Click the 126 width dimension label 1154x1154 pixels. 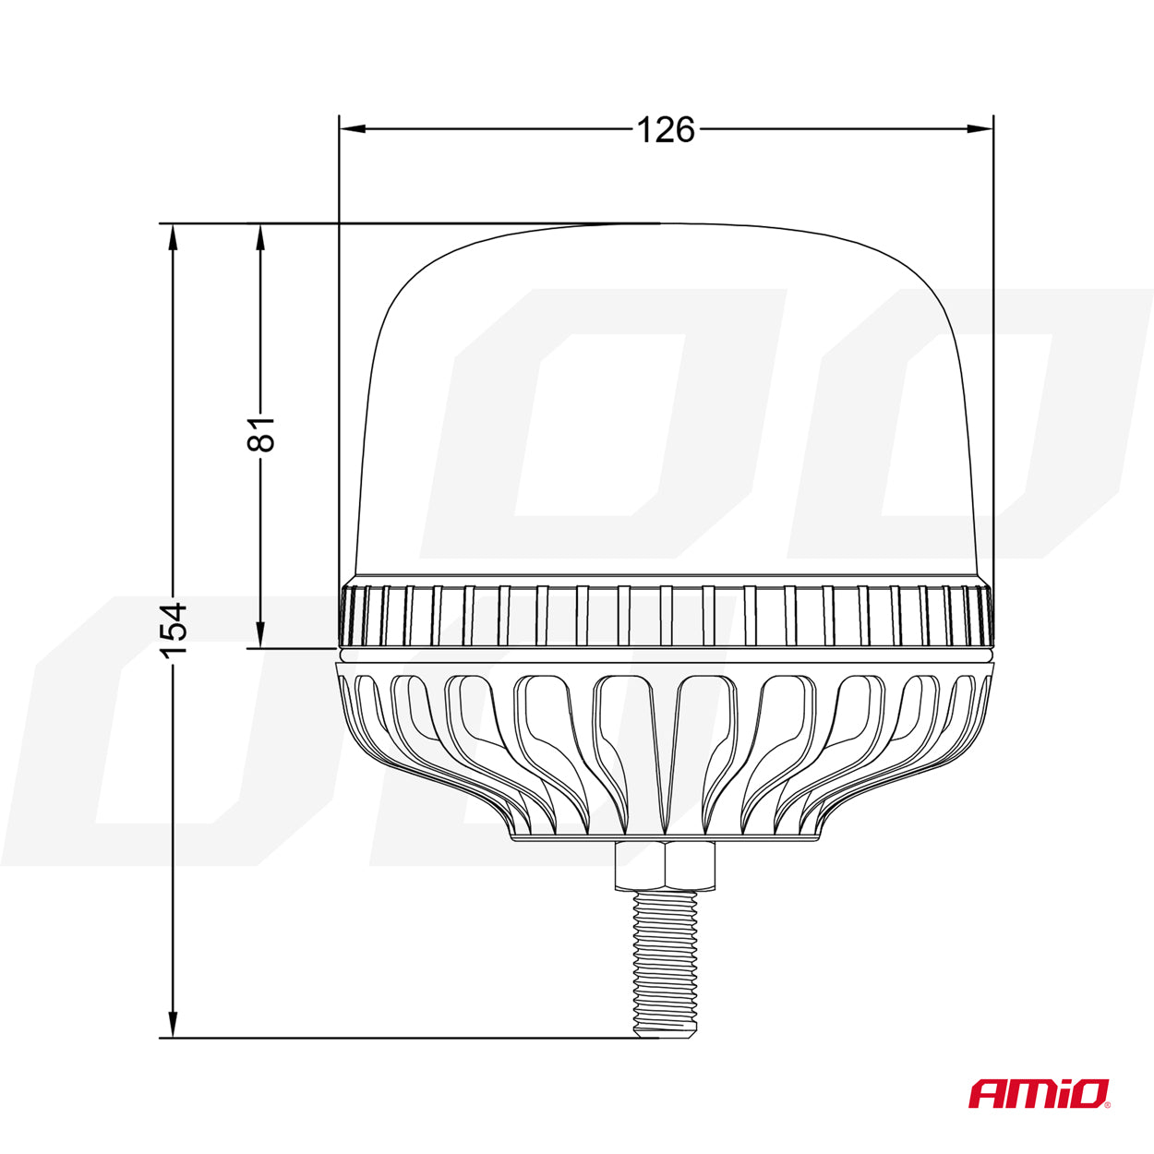666,129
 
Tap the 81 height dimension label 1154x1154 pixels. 260,434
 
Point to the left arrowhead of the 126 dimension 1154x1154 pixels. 352,128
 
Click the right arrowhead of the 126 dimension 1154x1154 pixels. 980,128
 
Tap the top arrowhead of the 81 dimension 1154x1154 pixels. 260,237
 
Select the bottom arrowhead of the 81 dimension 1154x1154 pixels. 260,634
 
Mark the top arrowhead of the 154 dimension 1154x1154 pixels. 174,237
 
